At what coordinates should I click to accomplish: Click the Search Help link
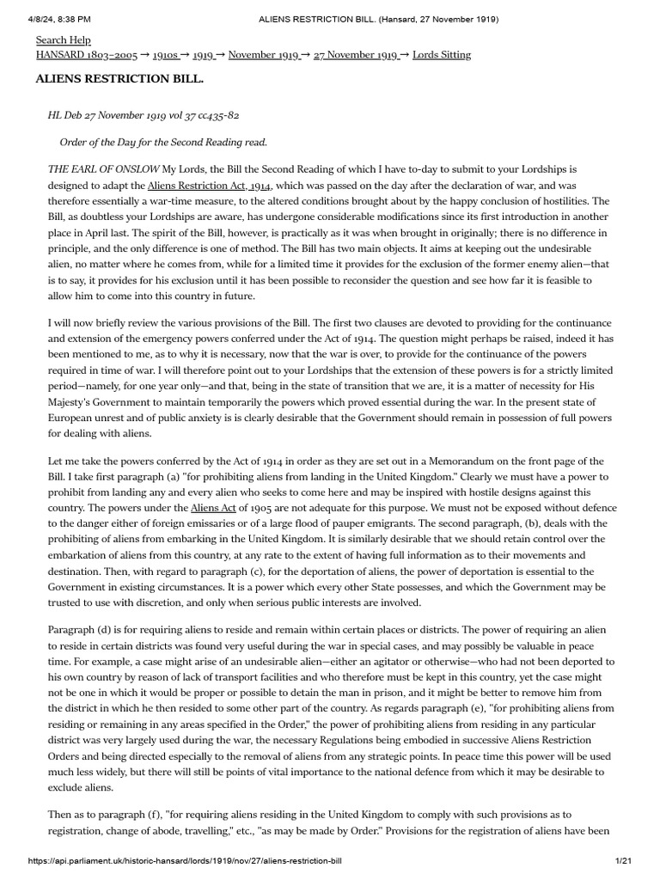63,40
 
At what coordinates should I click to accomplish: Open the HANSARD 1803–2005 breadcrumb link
86,55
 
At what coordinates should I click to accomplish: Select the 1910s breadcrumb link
165,55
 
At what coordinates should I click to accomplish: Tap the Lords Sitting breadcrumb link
442,55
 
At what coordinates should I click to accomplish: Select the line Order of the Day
163,142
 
